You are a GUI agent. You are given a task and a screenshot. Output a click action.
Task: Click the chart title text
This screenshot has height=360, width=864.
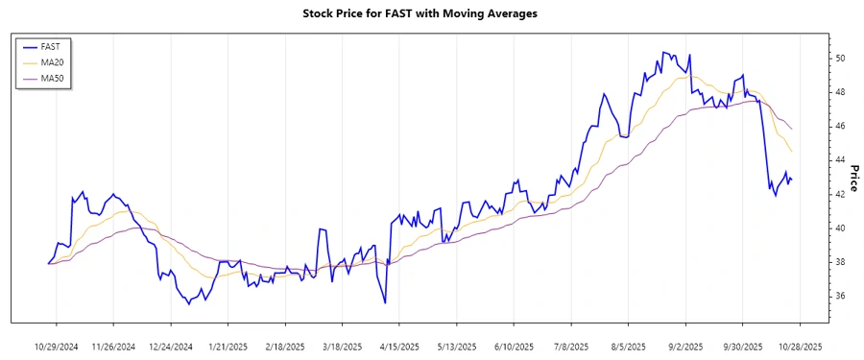420,13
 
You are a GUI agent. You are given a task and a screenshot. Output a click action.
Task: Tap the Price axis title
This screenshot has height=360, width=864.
854,178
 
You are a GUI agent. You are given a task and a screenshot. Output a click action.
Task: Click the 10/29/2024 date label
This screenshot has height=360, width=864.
57,346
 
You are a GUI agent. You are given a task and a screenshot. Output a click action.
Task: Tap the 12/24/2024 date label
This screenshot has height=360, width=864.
171,346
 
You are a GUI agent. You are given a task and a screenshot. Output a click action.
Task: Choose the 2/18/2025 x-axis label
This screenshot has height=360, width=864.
285,346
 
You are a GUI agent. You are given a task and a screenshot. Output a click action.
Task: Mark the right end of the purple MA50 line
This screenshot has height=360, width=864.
792,129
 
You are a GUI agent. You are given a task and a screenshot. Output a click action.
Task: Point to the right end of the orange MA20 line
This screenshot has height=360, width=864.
792,152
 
